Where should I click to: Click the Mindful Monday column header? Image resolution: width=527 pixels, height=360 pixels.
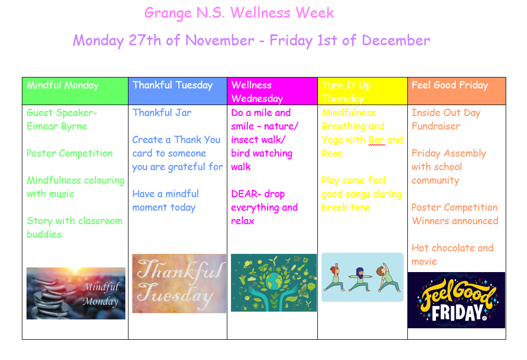tap(75, 91)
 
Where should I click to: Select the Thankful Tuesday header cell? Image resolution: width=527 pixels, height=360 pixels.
tap(177, 91)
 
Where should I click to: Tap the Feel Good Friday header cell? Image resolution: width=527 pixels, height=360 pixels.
tap(456, 91)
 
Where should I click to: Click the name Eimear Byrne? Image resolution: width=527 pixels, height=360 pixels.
tap(57, 126)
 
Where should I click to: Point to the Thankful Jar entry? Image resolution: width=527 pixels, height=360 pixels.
tap(162, 112)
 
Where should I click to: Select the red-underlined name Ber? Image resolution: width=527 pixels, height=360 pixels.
tap(377, 140)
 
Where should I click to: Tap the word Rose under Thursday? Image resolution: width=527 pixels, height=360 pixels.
tap(332, 153)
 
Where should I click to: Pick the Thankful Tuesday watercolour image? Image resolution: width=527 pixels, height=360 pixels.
tap(179, 284)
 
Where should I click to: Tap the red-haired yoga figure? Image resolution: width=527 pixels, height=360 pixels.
tap(334, 277)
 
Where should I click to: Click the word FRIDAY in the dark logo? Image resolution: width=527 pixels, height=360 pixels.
tap(457, 313)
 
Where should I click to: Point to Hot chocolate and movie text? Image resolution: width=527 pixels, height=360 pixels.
tap(453, 255)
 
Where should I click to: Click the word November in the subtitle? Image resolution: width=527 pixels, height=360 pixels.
tap(220, 41)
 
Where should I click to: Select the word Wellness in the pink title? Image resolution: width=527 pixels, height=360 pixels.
tap(261, 13)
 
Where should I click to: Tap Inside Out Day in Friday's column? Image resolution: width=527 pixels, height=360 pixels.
tap(446, 112)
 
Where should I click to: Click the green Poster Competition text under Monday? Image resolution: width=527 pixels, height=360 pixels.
tap(70, 153)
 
